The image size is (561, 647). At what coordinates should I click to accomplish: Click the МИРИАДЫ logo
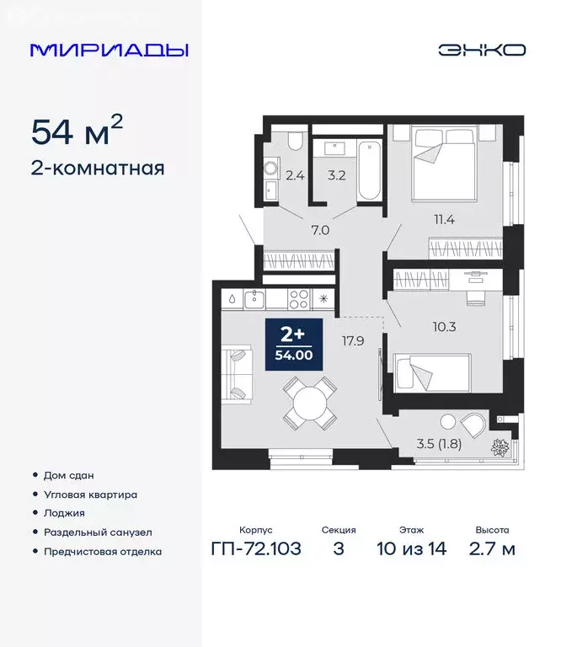point(110,50)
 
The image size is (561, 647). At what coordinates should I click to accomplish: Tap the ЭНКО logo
point(482,50)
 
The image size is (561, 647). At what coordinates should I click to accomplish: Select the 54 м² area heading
point(77,131)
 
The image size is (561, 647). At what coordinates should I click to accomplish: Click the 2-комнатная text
point(97,168)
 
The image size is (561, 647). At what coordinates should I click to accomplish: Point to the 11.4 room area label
point(444,221)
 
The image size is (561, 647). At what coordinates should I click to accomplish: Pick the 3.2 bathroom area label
point(336,176)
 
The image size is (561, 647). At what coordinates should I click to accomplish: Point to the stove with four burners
point(299,297)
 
